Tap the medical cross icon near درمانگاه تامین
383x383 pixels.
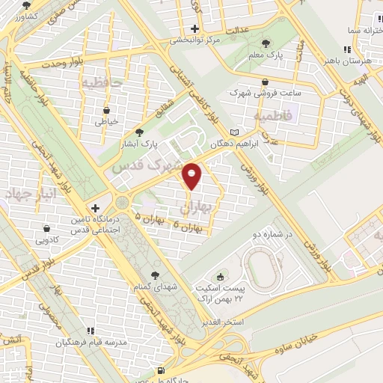pyautogui.click(x=95, y=207)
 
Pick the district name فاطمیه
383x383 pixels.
pyautogui.click(x=269, y=117)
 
